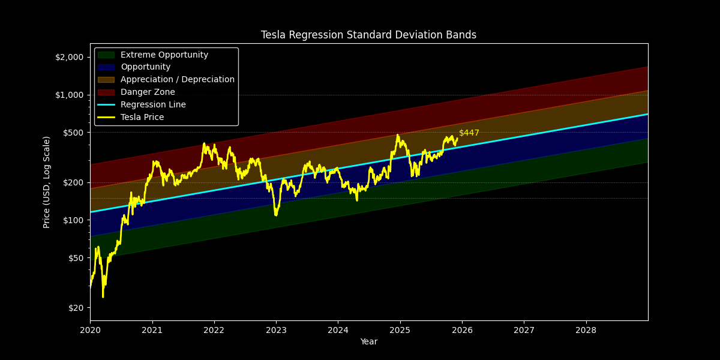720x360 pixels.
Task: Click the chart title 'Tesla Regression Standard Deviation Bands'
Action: (x=368, y=35)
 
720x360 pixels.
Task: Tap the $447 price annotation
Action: (x=469, y=133)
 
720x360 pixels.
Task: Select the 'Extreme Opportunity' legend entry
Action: (x=164, y=55)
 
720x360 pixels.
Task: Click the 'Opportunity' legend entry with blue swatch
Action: (x=145, y=67)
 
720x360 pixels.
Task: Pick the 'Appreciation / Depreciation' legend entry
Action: (x=177, y=80)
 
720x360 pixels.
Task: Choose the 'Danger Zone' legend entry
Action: (x=148, y=92)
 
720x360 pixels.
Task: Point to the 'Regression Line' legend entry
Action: (x=153, y=105)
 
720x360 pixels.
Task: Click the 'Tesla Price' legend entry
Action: (x=142, y=118)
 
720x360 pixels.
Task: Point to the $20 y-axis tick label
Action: (x=76, y=308)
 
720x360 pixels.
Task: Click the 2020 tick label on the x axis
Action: (x=90, y=330)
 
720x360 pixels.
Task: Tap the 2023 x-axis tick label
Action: (x=276, y=330)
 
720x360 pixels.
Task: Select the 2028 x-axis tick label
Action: (x=586, y=330)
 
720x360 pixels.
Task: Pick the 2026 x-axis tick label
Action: (x=462, y=330)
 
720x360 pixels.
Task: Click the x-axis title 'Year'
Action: (x=368, y=342)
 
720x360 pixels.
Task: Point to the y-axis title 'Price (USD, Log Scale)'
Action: (x=47, y=182)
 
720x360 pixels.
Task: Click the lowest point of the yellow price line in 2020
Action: (x=103, y=297)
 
